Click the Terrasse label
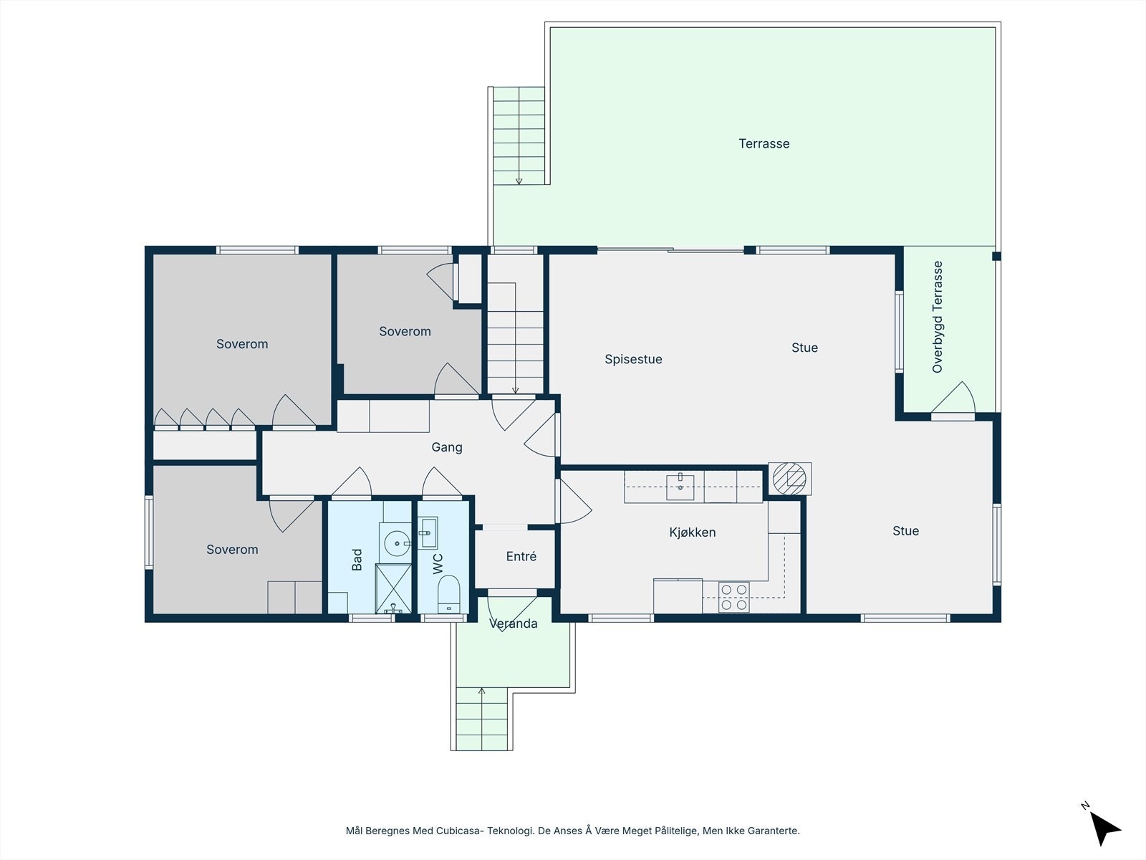point(764,143)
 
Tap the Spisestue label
point(633,359)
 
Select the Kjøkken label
point(693,532)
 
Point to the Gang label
point(447,447)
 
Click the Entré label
point(521,556)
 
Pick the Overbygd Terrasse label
point(937,317)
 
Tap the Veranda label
point(514,623)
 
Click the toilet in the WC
point(448,593)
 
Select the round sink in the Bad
point(398,543)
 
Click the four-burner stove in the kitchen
point(733,597)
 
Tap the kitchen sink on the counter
point(680,487)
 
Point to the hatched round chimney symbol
point(789,478)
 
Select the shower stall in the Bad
point(393,588)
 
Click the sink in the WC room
point(428,533)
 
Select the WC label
point(438,564)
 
